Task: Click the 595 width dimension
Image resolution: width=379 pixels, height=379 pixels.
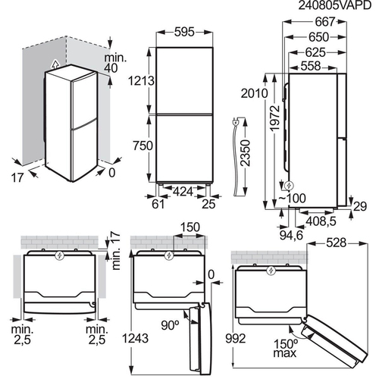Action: (x=184, y=32)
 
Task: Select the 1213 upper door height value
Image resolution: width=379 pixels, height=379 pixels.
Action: (x=141, y=81)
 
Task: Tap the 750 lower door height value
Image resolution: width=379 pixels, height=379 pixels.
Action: (x=143, y=146)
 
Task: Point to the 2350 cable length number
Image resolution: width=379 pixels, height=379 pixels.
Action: (x=246, y=153)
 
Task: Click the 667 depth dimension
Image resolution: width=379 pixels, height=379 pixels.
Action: (x=325, y=22)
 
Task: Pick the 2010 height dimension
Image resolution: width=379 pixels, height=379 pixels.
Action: (x=254, y=93)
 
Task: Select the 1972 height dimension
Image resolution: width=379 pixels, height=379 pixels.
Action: (x=275, y=118)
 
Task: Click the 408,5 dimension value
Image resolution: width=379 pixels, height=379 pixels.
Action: (x=321, y=221)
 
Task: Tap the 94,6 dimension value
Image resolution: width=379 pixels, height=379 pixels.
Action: (x=291, y=235)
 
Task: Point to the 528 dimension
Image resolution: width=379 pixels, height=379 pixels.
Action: (x=337, y=243)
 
